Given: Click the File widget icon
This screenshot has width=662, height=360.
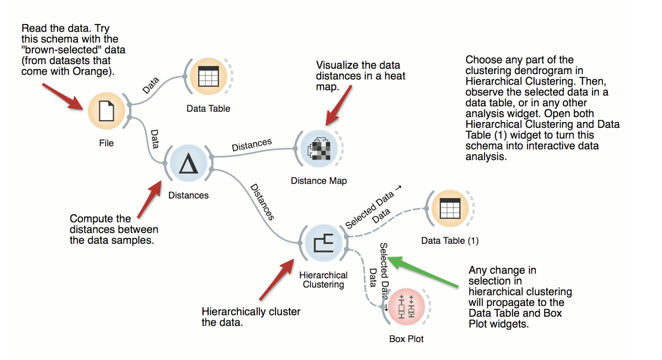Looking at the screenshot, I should [107, 111].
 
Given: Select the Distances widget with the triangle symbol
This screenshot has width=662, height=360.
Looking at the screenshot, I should [189, 163].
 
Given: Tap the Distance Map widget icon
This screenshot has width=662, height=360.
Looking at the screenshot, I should [319, 149].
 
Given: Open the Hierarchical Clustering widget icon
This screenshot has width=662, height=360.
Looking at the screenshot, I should [324, 243].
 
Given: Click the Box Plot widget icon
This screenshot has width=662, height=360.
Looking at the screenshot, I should [406, 307].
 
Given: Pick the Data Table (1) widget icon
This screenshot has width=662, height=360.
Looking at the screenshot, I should [450, 208].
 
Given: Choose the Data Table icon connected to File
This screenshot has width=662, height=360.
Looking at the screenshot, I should [208, 76].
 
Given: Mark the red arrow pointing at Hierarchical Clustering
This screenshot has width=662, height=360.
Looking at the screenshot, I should [277, 279].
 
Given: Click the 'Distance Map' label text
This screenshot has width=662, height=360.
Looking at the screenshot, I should [319, 181].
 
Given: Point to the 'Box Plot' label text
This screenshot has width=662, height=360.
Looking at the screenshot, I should [406, 339].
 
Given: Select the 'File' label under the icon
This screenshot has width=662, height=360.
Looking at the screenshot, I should [106, 143].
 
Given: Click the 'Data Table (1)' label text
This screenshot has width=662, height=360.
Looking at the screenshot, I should [450, 241].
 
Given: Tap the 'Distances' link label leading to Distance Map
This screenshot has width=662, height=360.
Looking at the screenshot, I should [251, 145].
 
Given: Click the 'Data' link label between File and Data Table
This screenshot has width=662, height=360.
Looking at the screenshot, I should [151, 85].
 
